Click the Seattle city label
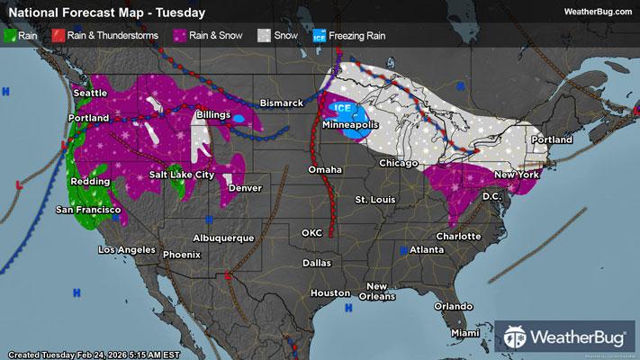click(x=88, y=94)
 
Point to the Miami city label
click(x=466, y=333)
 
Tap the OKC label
click(x=312, y=232)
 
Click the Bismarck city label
click(x=282, y=103)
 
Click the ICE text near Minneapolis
click(x=343, y=108)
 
